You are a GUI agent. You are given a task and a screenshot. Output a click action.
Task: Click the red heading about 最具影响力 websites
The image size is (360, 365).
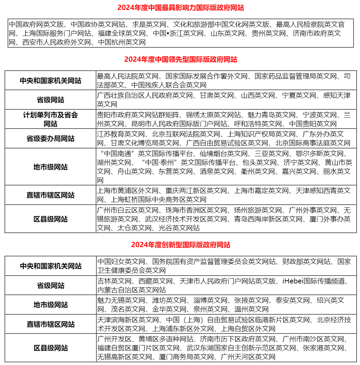click(x=181, y=8)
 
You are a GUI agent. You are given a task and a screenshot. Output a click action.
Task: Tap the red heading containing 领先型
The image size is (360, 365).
click(x=181, y=60)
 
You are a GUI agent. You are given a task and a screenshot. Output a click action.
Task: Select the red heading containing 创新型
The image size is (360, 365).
click(x=181, y=245)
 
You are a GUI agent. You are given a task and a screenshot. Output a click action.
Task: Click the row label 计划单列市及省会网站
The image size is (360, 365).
click(x=50, y=119)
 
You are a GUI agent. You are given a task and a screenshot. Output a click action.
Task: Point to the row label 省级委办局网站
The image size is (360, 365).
click(x=50, y=139)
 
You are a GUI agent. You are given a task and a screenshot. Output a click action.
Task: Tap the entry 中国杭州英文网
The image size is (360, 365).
click(x=122, y=42)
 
